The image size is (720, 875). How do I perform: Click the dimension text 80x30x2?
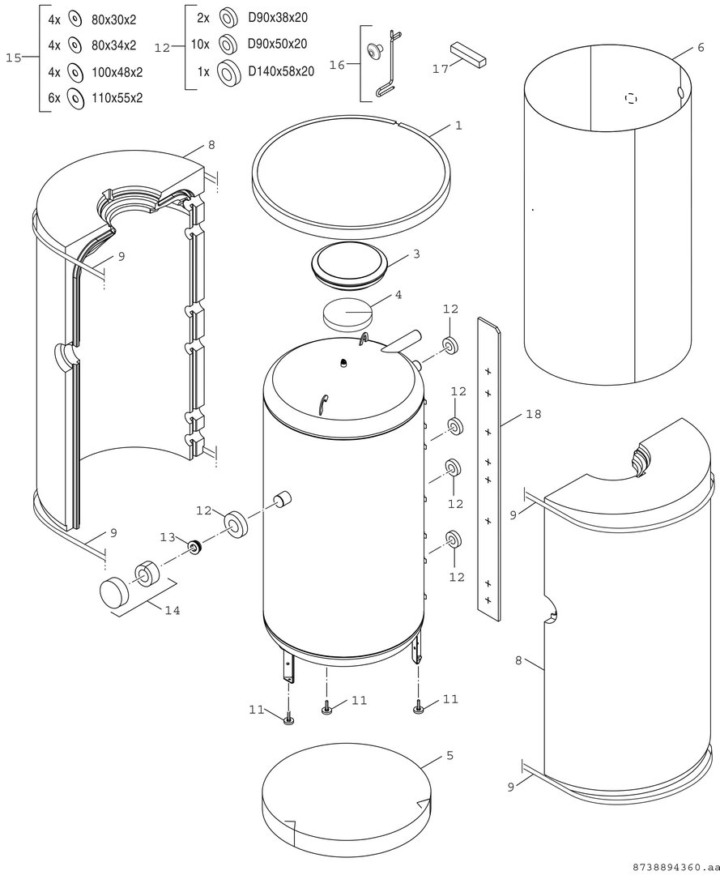tap(113, 20)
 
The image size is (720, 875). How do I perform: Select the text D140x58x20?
tap(281, 71)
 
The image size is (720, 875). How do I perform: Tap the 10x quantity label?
tap(200, 44)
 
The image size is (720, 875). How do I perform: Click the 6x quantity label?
tap(54, 98)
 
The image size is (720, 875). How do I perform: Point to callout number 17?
tap(441, 69)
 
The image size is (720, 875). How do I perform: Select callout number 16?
tap(337, 66)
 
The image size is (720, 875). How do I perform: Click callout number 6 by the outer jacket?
tap(701, 48)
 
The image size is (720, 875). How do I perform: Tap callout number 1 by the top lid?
tap(458, 126)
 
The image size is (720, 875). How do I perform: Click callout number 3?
tap(416, 254)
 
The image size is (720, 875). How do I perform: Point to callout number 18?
tap(534, 414)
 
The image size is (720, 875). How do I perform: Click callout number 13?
tap(168, 537)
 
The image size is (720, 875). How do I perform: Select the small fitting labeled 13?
tap(194, 547)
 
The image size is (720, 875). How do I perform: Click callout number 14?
tap(173, 611)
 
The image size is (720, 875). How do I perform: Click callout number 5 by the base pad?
tap(450, 756)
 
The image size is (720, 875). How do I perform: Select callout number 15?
tap(14, 58)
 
